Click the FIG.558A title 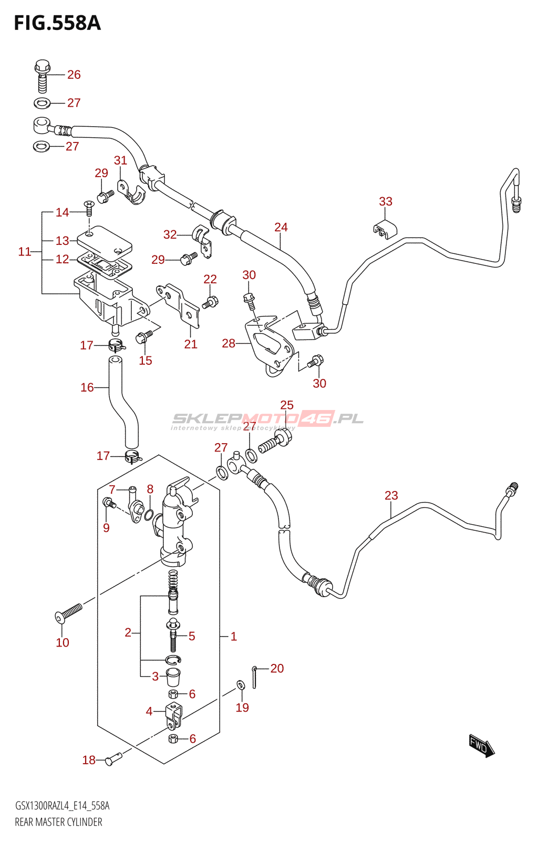57,24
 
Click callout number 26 74,75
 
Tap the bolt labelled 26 43,76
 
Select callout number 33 385,202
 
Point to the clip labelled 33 385,229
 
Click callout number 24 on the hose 281,227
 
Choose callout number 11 25,252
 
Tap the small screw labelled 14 89,208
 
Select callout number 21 191,344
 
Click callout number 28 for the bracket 229,343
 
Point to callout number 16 87,387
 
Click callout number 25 287,405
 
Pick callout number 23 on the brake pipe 391,496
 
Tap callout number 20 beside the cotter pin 277,668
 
